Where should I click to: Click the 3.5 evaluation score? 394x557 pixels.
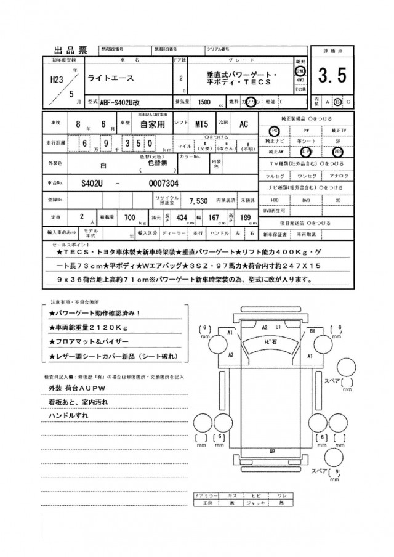[332, 76]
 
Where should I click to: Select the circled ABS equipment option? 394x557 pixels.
[338, 150]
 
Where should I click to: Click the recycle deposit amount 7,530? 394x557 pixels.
[198, 201]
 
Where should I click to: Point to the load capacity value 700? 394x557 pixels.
[129, 218]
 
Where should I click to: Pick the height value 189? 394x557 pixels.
[246, 218]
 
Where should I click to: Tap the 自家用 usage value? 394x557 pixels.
[148, 124]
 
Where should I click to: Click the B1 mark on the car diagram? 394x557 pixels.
[313, 331]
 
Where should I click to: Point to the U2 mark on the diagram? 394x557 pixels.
[271, 452]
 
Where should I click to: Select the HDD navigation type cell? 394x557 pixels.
[275, 200]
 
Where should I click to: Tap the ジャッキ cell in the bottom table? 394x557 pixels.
[254, 503]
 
